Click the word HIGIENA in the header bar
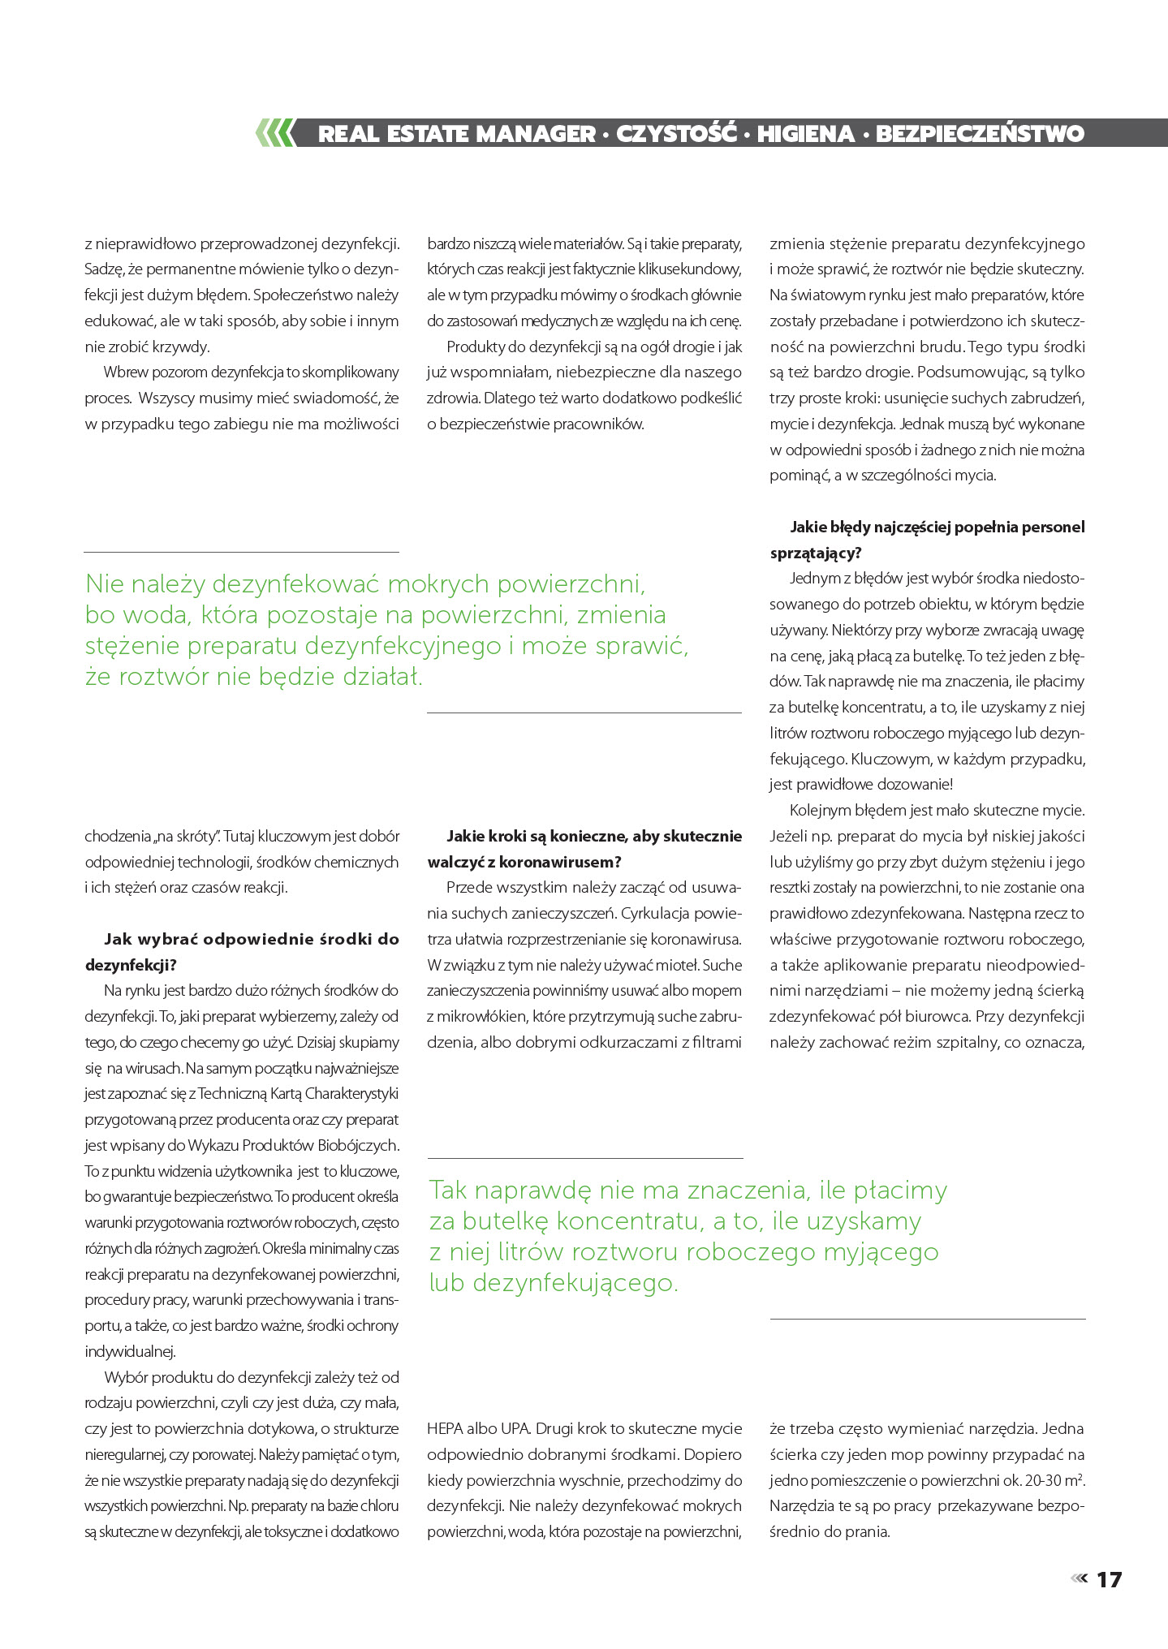pos(806,134)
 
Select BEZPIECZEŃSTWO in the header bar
pos(980,134)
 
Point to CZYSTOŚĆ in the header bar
pos(675,134)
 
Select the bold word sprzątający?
pos(816,553)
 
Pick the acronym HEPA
pos(445,1429)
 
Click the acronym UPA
pos(515,1429)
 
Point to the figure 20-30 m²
pos(1055,1480)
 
